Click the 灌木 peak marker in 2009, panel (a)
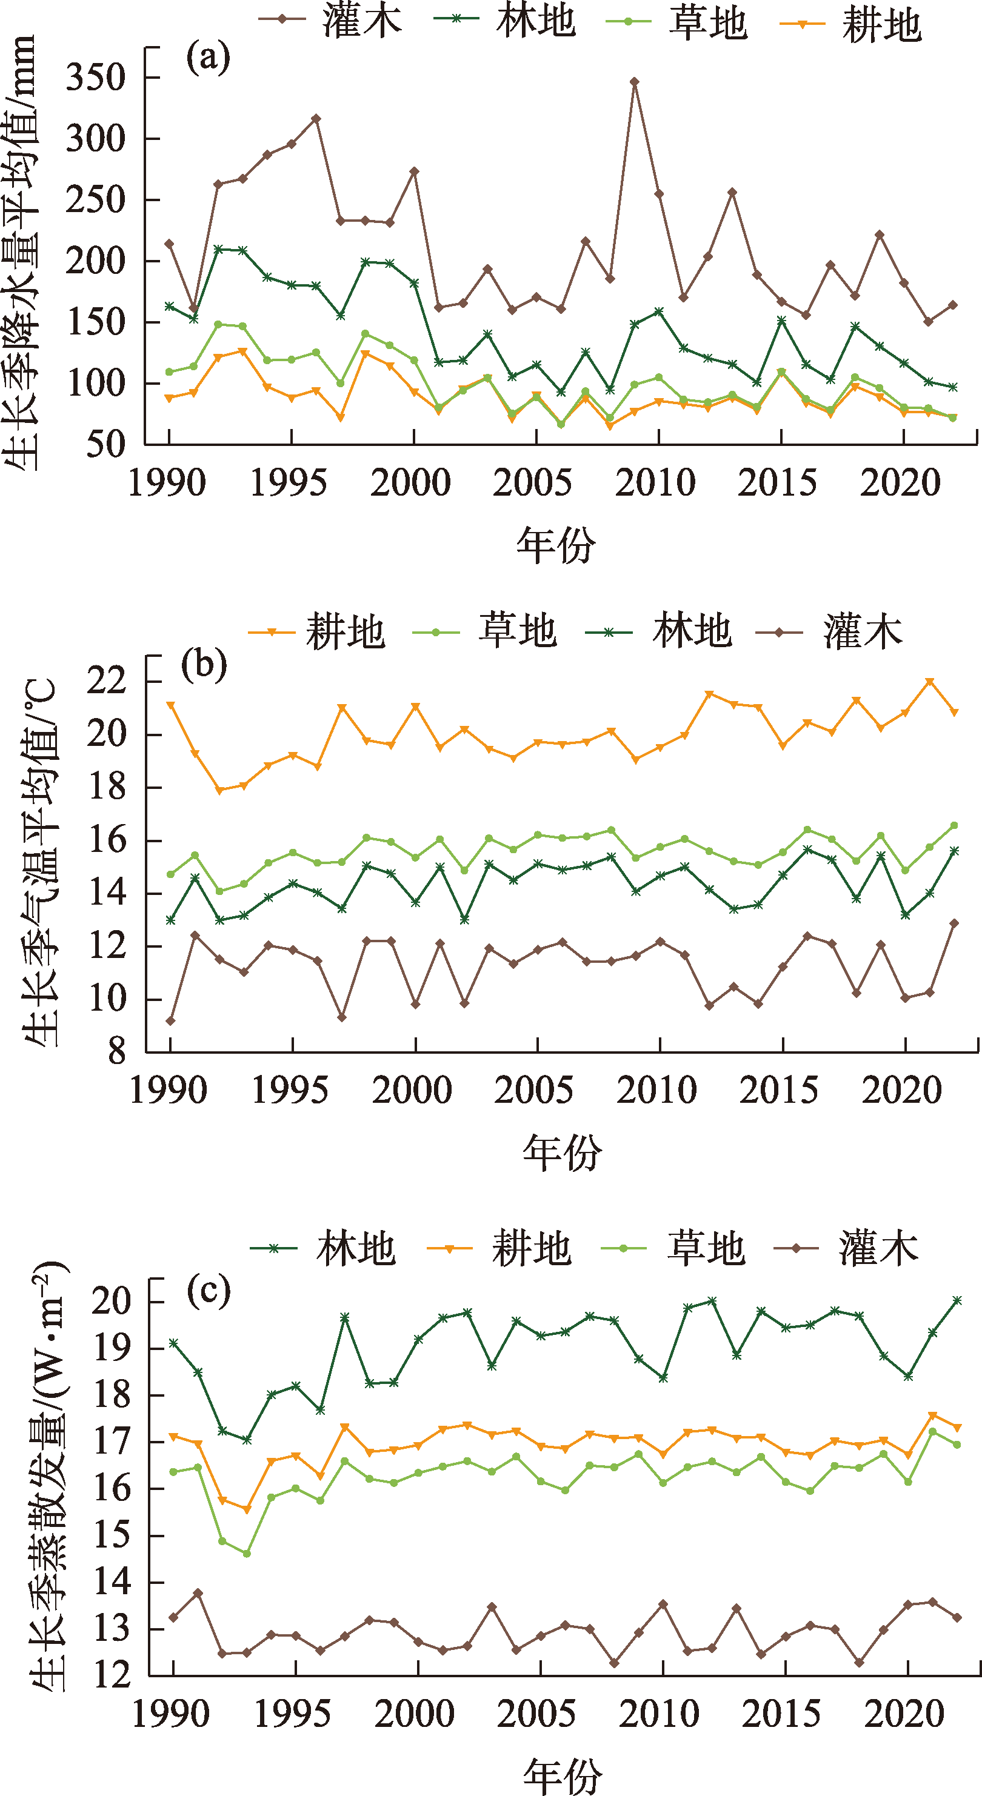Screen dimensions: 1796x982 (x=635, y=82)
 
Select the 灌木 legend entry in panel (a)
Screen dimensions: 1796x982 (x=332, y=19)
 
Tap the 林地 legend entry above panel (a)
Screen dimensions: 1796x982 (x=505, y=19)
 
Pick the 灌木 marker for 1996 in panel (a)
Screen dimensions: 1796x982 (x=316, y=119)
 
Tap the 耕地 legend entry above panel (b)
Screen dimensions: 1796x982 (x=318, y=631)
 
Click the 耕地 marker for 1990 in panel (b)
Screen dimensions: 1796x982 (x=171, y=705)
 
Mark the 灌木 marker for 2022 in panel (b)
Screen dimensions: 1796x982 (x=955, y=923)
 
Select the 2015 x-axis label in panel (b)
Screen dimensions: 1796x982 (x=778, y=1091)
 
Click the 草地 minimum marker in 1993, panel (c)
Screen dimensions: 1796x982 (x=247, y=1554)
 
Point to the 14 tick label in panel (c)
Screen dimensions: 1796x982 (x=111, y=1582)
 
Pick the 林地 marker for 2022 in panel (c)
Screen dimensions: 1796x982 (x=958, y=1300)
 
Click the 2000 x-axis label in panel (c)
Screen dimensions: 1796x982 (x=414, y=1714)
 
